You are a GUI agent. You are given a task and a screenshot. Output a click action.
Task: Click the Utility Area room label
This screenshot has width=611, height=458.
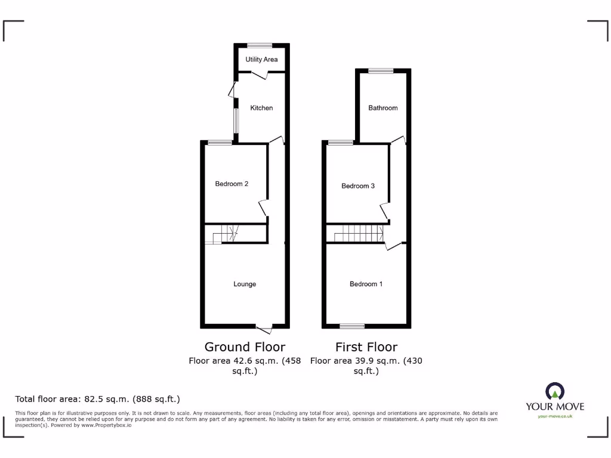(261, 60)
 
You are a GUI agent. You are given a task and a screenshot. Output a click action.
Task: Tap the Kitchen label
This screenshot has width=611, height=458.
(261, 108)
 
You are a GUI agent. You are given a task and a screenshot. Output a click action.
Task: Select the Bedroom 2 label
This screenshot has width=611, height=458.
(232, 184)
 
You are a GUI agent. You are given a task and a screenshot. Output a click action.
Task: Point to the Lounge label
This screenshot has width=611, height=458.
(245, 284)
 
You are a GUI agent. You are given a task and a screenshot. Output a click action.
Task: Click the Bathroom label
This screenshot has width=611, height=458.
(382, 108)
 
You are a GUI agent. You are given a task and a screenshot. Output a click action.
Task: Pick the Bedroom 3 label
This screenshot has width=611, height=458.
(358, 186)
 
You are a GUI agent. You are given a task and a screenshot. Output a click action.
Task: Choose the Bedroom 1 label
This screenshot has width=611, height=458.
(366, 284)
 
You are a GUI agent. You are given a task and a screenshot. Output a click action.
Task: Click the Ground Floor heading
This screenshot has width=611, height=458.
(245, 346)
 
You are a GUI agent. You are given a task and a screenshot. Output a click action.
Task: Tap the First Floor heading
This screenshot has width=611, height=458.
(366, 346)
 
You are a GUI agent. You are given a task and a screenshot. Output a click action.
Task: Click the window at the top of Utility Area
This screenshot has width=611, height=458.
(260, 45)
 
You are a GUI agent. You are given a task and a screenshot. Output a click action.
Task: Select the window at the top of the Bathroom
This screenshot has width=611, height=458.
(381, 71)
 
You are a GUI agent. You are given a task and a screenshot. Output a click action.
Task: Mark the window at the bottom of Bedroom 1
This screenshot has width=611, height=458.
(352, 326)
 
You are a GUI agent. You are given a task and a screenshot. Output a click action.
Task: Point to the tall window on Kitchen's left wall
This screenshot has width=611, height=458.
(236, 121)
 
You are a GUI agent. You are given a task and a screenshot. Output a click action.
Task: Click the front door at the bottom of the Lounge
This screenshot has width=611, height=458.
(264, 328)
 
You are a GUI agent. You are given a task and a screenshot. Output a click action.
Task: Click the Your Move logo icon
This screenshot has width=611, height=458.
(555, 392)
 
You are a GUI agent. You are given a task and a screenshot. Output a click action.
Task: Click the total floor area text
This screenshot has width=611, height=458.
(97, 399)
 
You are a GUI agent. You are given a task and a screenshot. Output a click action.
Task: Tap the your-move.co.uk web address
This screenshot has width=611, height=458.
(555, 416)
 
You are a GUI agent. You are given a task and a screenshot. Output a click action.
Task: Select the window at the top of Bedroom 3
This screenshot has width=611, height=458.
(340, 143)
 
